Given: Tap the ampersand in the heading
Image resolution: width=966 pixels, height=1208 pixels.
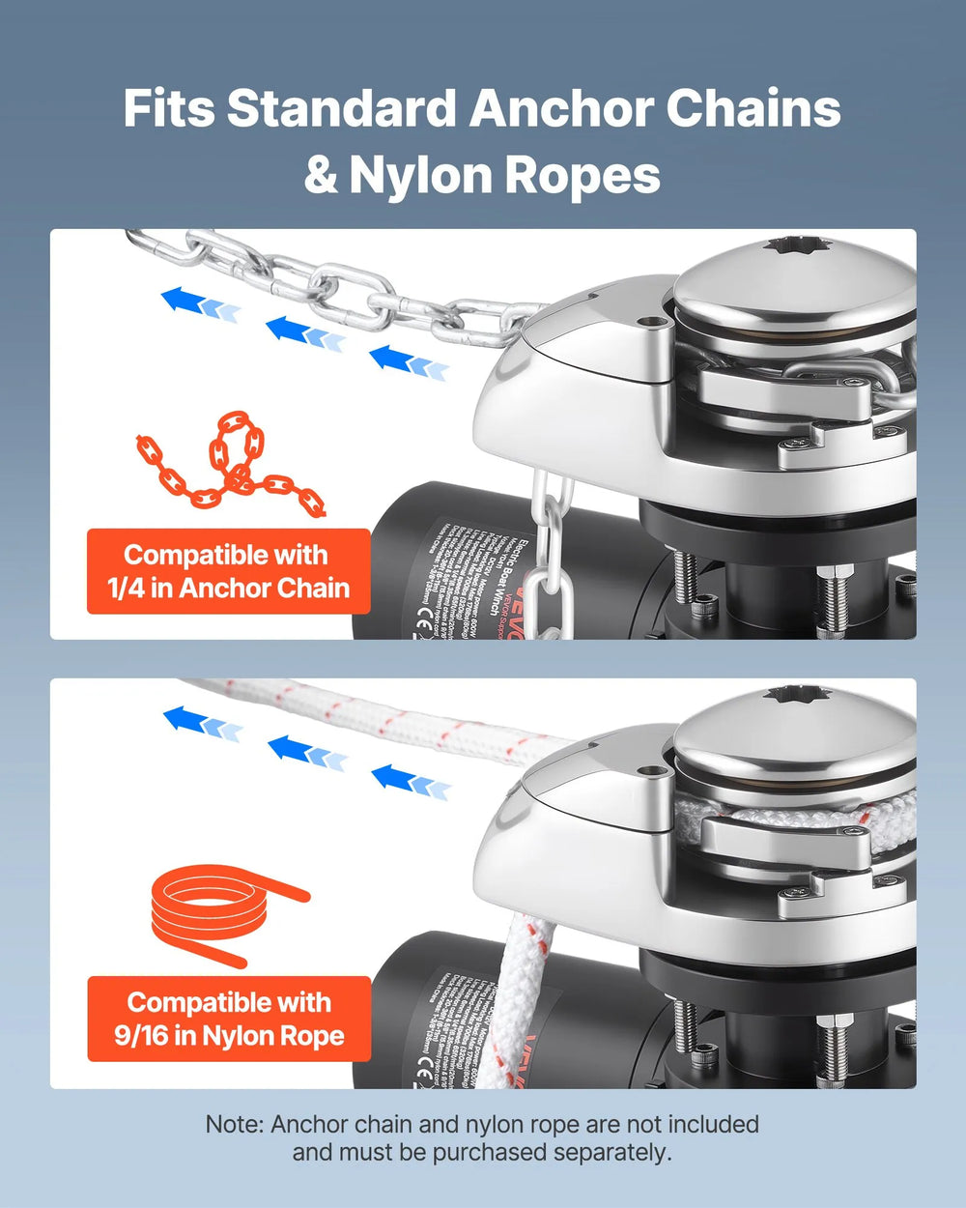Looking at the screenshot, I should pos(321,175).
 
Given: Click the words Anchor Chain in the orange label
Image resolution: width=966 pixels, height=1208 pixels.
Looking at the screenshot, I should pos(264,588).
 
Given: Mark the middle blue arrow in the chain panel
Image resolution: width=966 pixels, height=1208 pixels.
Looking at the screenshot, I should pos(303,331).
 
